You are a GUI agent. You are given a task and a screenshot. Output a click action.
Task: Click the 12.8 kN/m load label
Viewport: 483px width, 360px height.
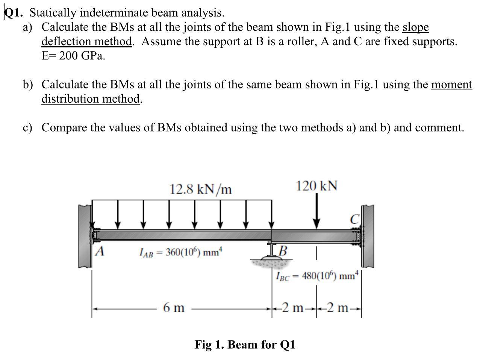[x=200, y=189]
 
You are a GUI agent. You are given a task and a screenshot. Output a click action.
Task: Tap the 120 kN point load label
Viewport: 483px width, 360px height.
[x=316, y=185]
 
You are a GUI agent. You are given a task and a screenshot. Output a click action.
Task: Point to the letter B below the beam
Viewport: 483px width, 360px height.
[x=283, y=250]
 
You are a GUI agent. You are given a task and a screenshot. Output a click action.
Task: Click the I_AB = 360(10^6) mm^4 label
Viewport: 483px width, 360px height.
[x=181, y=252]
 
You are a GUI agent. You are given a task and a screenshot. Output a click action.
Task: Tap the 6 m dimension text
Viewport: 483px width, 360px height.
[x=174, y=308]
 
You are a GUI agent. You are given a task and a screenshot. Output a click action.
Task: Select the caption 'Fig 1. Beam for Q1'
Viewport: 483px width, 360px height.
[x=245, y=344]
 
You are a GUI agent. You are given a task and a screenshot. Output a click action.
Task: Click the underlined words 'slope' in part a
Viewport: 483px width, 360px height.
[x=415, y=27]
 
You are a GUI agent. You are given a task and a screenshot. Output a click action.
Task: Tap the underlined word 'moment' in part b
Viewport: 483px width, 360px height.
[x=451, y=84]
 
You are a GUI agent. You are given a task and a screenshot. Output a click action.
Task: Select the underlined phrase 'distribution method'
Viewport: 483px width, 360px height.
[x=91, y=99]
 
